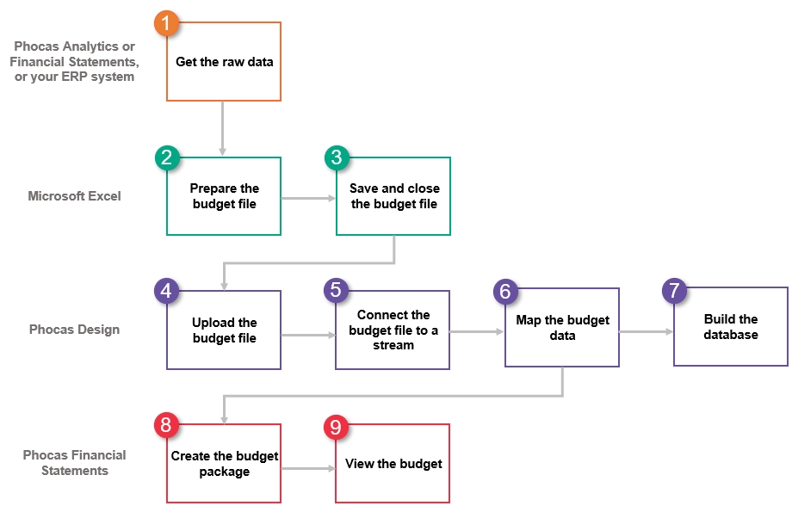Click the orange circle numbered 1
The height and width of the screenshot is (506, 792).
coord(167,23)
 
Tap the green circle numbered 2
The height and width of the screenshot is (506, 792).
coord(167,157)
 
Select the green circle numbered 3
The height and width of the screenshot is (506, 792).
coord(337,157)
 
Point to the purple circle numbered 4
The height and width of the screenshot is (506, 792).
coord(167,291)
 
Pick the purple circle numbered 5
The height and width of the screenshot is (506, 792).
coord(337,291)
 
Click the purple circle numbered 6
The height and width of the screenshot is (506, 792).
coord(505,292)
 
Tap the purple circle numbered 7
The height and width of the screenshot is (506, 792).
coord(674,290)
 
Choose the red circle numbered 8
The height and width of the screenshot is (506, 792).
coord(167,425)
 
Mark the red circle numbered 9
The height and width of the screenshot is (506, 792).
coord(337,427)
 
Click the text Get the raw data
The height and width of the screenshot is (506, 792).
coord(225,62)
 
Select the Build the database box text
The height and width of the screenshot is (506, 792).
coord(731,327)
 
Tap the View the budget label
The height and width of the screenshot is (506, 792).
coord(393,464)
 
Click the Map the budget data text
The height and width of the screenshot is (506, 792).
coord(563,328)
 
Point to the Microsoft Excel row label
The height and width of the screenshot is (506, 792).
coord(74,196)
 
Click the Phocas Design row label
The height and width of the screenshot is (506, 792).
coord(74,330)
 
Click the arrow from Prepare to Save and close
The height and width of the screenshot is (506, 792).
coord(308,198)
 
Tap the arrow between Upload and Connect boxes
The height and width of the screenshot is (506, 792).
coord(308,335)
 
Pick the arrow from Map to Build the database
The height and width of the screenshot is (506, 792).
coord(646,332)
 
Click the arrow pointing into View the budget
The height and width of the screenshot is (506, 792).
coord(308,469)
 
